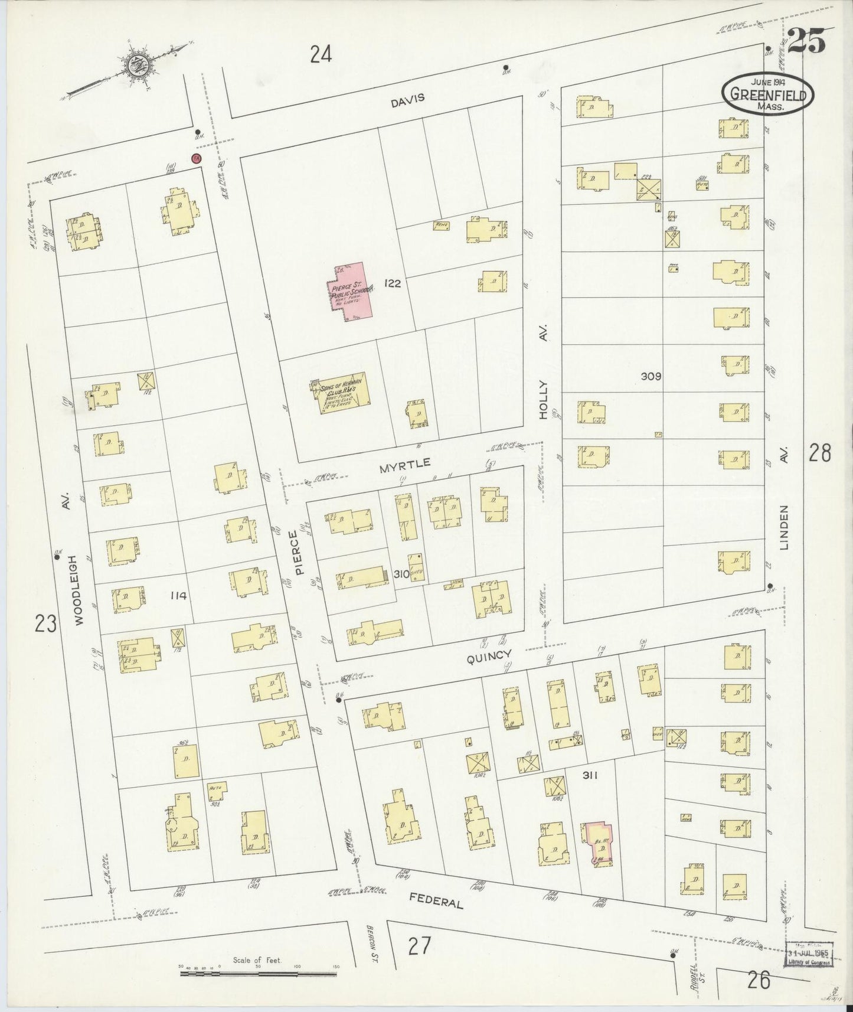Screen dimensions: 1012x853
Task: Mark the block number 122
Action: click(391, 283)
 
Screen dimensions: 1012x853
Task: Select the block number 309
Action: click(652, 376)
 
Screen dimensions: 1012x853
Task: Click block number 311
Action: click(590, 776)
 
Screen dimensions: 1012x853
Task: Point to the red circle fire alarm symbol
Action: click(196, 158)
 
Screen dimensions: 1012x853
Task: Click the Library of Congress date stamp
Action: click(809, 955)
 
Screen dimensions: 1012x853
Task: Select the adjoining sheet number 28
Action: click(820, 453)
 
